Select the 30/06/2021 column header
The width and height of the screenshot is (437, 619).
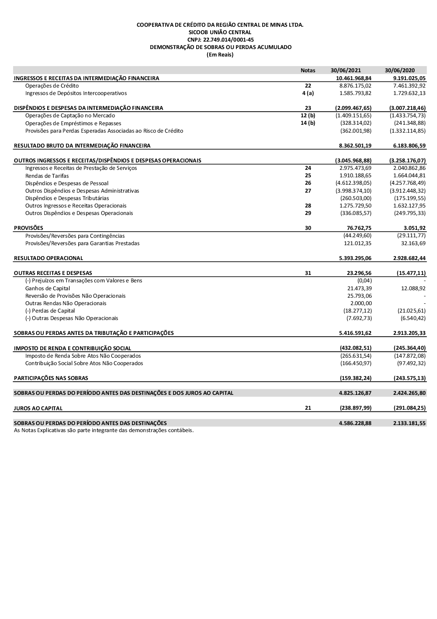click(346, 70)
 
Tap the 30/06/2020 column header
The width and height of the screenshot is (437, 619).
click(399, 70)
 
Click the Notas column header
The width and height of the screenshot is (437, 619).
click(308, 70)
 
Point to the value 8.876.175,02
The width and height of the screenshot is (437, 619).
click(355, 86)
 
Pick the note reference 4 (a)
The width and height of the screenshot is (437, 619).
click(308, 93)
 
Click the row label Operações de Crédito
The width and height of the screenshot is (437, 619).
click(52, 86)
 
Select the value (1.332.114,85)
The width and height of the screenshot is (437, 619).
click(407, 131)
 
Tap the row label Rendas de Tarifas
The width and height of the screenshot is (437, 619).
click(47, 176)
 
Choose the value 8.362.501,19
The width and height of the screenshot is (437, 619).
click(355, 146)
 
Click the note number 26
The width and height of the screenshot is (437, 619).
click(308, 183)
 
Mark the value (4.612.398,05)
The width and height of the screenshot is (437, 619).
click(353, 183)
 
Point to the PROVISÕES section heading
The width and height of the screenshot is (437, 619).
click(28, 228)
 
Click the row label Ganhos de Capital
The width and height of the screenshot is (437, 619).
click(48, 288)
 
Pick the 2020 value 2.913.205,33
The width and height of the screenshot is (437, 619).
click(409, 333)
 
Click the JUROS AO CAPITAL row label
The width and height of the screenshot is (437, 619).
click(38, 408)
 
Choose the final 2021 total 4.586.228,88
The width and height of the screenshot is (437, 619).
click(355, 423)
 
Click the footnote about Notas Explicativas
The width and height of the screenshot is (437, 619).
click(104, 430)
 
